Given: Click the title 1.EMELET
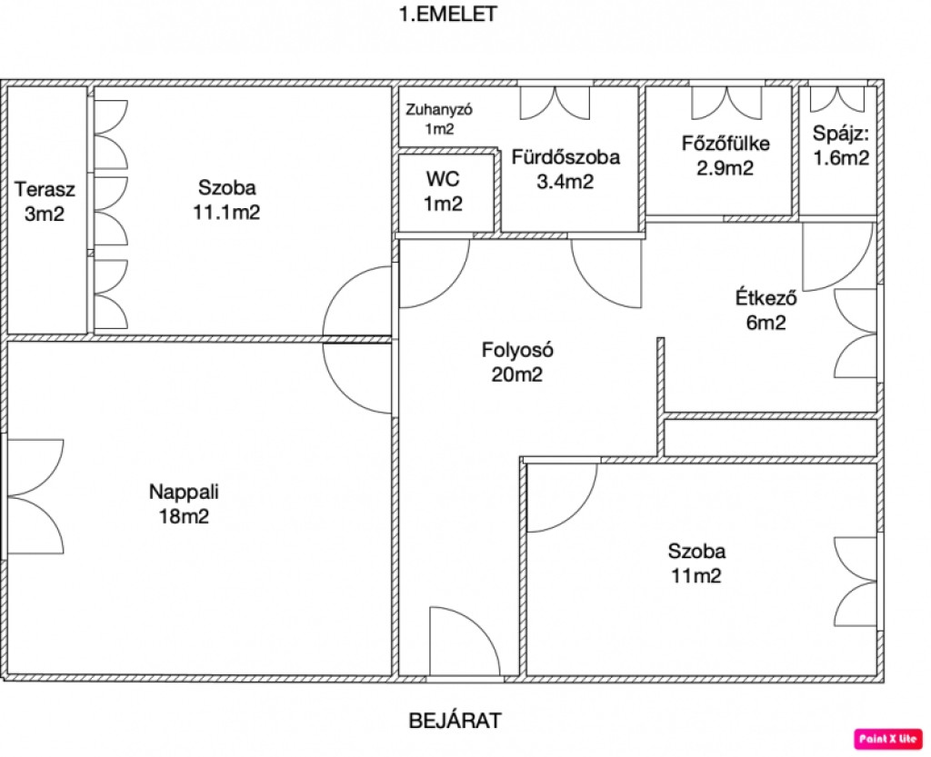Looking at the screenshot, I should coord(447,15).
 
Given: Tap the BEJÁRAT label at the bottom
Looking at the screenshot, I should coord(455,722).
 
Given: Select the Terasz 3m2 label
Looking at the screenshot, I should coord(45,201).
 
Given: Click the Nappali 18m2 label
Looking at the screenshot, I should coord(185,504).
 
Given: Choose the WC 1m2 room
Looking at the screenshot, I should coord(443,191).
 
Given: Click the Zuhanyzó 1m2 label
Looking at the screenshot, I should coord(439,119).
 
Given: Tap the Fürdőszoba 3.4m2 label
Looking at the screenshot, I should coord(565,169).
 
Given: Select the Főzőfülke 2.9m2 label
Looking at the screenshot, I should coord(726,155).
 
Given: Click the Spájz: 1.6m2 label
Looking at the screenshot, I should coord(841,145).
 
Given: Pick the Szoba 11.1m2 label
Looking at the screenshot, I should coord(227,200).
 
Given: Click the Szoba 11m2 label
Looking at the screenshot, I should coord(696,563).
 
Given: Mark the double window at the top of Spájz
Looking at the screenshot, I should coord(836,98).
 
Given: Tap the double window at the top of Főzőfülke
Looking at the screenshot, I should coord(719,101).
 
